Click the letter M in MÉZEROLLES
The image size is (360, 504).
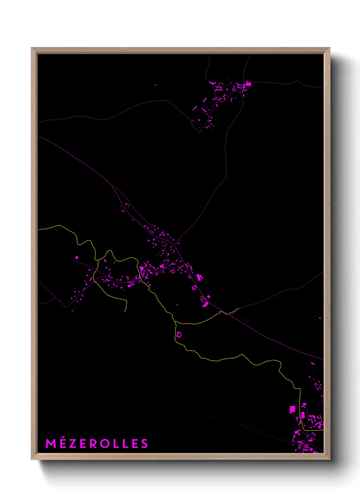pyautogui.click(x=51, y=444)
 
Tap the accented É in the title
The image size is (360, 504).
pyautogui.click(x=63, y=443)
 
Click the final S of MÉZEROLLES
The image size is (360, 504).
pyautogui.click(x=145, y=444)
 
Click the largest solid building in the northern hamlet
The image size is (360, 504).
pyautogui.click(x=248, y=84)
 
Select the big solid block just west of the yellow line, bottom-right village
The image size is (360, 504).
pyautogui.click(x=292, y=409)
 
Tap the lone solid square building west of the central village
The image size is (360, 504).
pyautogui.click(x=77, y=258)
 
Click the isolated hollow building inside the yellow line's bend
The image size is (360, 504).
pyautogui.click(x=179, y=335)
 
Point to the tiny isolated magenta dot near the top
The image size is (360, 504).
pyautogui.click(x=156, y=84)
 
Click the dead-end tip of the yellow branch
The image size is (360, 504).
pyautogui.click(x=125, y=311)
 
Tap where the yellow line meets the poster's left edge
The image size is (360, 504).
pyautogui.click(x=38, y=229)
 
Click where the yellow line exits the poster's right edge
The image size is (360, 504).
pyautogui.click(x=323, y=430)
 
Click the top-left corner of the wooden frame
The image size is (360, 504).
pyautogui.click(x=32, y=48)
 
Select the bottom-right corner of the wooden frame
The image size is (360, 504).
pyautogui.click(x=329, y=459)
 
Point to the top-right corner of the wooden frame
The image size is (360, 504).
pyautogui.click(x=329, y=48)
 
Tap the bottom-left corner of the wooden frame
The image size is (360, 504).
pyautogui.click(x=32, y=459)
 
